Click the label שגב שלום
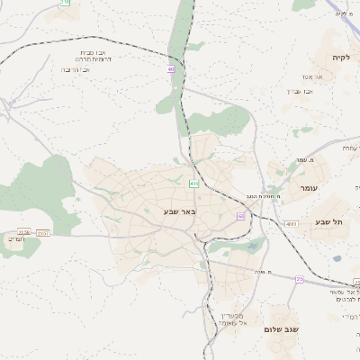click(281, 329)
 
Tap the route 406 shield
click(193, 183)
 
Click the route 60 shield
click(241, 217)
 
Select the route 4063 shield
click(290, 223)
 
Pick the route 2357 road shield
click(43, 232)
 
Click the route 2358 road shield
click(23, 232)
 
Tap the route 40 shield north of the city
click(171, 69)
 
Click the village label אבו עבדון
click(300, 90)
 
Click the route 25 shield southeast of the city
click(299, 279)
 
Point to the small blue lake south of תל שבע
click(337, 258)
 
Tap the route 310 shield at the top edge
click(65, 3)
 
